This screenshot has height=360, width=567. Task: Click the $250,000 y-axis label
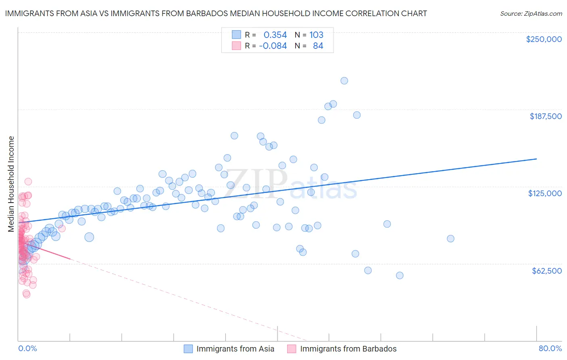click(x=544, y=39)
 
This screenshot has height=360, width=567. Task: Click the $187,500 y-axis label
click(x=545, y=116)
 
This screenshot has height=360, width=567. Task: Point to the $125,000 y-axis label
click(x=545, y=193)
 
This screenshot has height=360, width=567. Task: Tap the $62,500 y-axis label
click(x=546, y=271)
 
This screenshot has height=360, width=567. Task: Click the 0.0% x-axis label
click(x=27, y=349)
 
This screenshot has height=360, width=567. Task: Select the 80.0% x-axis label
click(x=550, y=349)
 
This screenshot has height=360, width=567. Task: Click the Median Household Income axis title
click(x=11, y=184)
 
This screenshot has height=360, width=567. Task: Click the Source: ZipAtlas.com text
click(x=531, y=14)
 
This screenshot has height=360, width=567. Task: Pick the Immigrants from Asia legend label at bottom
click(x=235, y=349)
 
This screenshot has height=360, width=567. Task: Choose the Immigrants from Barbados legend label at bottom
click(x=348, y=349)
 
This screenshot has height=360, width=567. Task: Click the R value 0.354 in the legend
click(x=275, y=35)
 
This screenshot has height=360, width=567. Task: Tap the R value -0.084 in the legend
click(x=273, y=46)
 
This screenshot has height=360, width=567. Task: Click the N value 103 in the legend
click(x=316, y=35)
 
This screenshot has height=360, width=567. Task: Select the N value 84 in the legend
click(x=318, y=46)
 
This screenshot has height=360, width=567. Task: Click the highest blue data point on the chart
click(x=344, y=81)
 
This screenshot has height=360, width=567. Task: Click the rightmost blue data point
click(x=450, y=239)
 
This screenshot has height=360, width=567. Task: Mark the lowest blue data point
click(x=400, y=276)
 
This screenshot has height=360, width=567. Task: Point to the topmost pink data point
click(x=28, y=182)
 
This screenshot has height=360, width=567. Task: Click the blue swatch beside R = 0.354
click(x=236, y=35)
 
